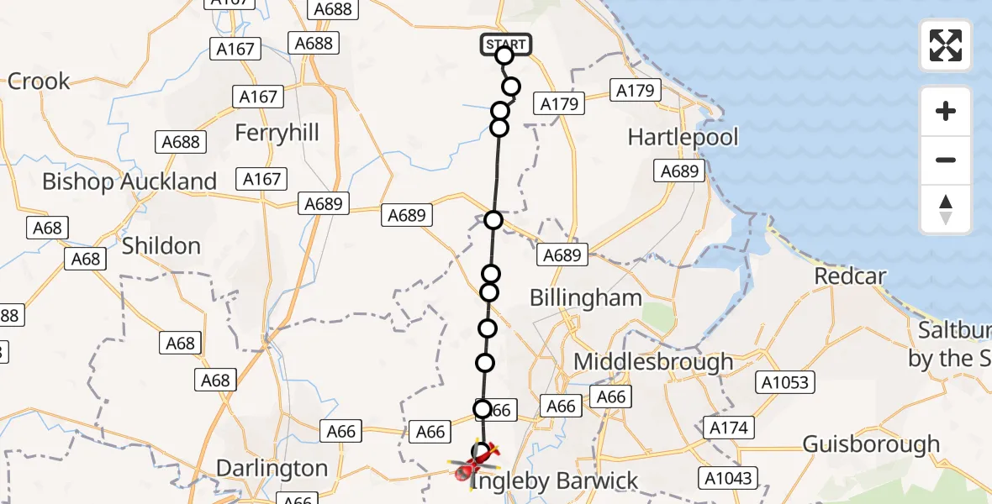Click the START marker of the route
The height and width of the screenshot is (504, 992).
point(505,45)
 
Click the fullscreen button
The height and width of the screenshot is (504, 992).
point(946,45)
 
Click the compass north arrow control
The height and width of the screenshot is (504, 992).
point(946,209)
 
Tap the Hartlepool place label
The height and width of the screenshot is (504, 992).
point(683,137)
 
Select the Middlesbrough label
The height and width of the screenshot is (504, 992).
point(653,362)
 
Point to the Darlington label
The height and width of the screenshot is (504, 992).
point(272,468)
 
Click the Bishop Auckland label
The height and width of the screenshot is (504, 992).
point(129,181)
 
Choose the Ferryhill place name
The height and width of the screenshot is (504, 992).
point(277,133)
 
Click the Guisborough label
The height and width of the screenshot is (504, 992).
point(871,444)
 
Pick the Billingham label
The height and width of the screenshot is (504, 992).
point(585,297)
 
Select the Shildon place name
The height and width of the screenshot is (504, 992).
point(161,246)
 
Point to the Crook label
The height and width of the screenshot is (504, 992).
point(39,81)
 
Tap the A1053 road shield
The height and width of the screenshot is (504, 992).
point(786,383)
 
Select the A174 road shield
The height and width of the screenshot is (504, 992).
point(728,428)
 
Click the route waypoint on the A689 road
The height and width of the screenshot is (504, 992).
point(493,220)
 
